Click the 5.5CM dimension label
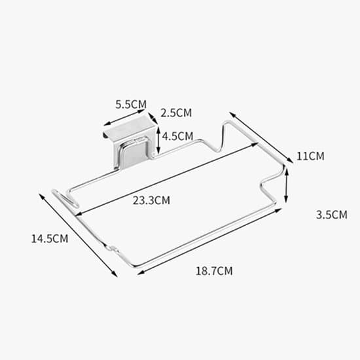click(131, 105)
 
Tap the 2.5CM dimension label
click(176, 113)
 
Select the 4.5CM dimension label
click(177, 136)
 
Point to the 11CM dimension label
click(310, 156)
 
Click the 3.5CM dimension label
click(332, 215)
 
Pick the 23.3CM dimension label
click(151, 200)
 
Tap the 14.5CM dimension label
click(50, 239)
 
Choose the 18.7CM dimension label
click(214, 271)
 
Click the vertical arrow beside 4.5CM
click(158, 140)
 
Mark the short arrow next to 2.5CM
click(153, 118)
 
